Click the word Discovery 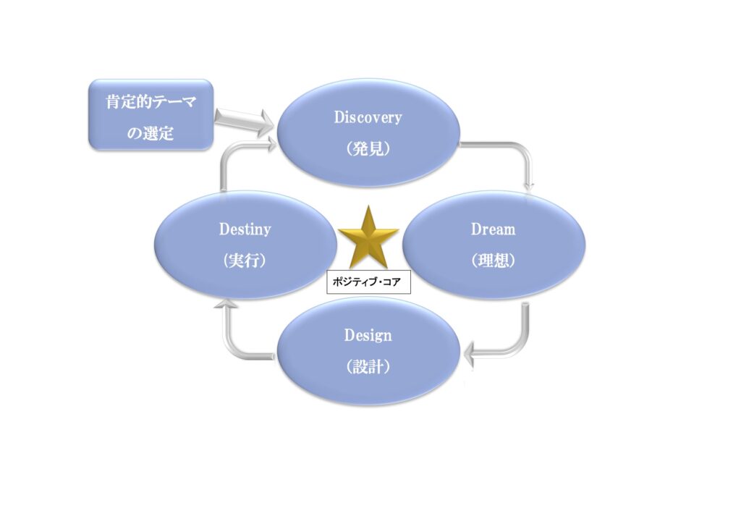click(x=368, y=117)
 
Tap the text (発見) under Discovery click(x=368, y=149)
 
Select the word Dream click(x=493, y=229)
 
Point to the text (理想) click(x=493, y=261)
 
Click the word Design click(x=368, y=336)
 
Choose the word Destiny click(x=245, y=229)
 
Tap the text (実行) click(x=245, y=261)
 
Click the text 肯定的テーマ click(x=151, y=103)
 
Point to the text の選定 click(x=151, y=134)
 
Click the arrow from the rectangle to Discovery click(x=244, y=120)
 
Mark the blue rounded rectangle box click(x=151, y=115)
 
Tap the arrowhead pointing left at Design click(x=471, y=356)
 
